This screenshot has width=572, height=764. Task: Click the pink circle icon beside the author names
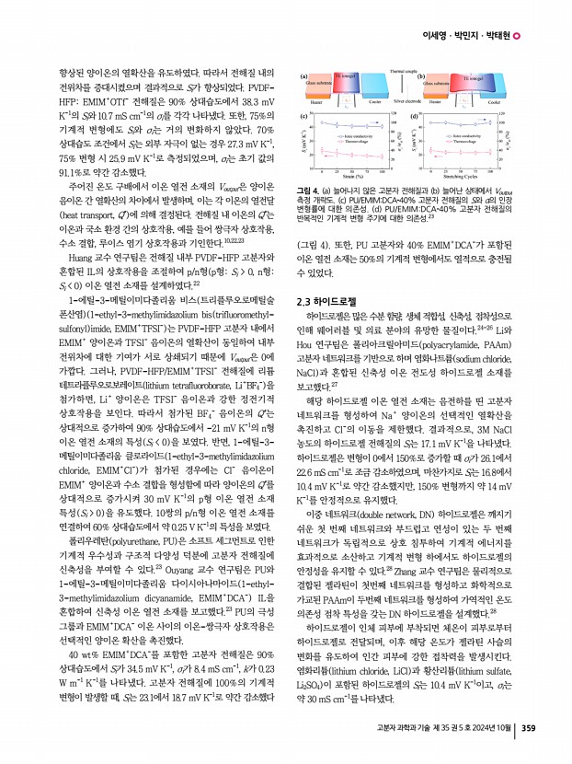pos(516,35)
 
